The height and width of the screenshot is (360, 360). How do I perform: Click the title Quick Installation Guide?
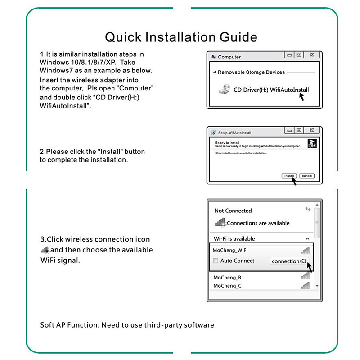pyautogui.click(x=181, y=36)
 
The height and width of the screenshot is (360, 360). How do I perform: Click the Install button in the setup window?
pyautogui.click(x=288, y=176)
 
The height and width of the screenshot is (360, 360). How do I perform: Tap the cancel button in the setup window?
pyautogui.click(x=307, y=176)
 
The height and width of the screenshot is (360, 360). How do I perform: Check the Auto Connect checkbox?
pyautogui.click(x=216, y=261)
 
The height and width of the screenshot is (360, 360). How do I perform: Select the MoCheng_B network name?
pyautogui.click(x=227, y=277)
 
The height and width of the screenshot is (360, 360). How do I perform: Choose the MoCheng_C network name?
pyautogui.click(x=227, y=286)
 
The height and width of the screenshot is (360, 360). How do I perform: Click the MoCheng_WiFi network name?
pyautogui.click(x=229, y=250)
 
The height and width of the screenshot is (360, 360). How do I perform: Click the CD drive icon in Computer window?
pyautogui.click(x=225, y=90)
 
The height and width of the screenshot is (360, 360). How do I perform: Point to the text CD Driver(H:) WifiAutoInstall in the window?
pyautogui.click(x=271, y=90)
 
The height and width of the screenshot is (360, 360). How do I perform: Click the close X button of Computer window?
pyautogui.click(x=312, y=55)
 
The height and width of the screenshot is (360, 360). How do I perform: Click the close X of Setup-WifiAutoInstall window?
pyautogui.click(x=312, y=130)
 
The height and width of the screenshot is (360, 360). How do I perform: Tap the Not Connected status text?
pyautogui.click(x=233, y=211)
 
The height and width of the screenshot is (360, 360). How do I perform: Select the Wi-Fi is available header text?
pyautogui.click(x=234, y=238)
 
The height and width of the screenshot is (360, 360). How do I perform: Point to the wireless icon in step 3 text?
pyautogui.click(x=44, y=250)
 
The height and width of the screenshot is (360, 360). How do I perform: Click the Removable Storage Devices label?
pyautogui.click(x=251, y=72)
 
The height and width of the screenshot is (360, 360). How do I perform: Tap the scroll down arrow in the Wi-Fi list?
pyautogui.click(x=317, y=286)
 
